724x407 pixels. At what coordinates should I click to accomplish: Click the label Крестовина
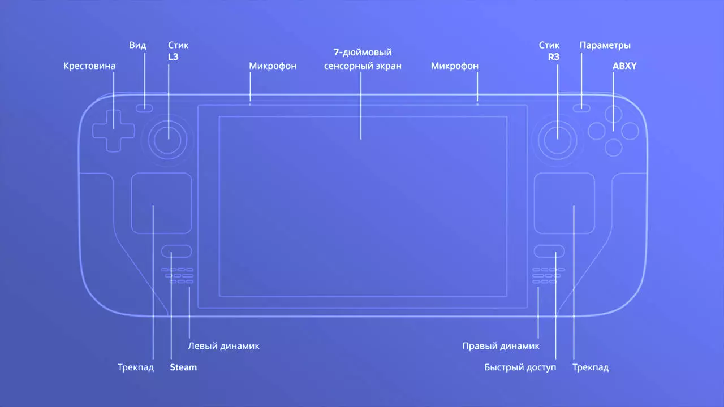(x=89, y=66)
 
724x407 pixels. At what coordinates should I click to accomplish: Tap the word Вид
(x=137, y=45)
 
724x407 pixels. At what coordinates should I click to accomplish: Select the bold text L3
(x=173, y=57)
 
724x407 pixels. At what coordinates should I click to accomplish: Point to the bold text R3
(x=554, y=57)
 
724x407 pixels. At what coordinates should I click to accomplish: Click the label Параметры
(x=605, y=45)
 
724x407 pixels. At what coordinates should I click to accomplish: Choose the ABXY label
(x=624, y=66)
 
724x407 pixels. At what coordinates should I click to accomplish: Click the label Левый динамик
(x=223, y=346)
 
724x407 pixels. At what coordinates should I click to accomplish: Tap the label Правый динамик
(x=501, y=346)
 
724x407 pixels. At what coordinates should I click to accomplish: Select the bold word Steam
(x=183, y=367)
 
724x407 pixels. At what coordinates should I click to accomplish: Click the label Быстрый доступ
(x=520, y=367)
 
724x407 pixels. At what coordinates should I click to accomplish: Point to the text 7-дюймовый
(x=363, y=52)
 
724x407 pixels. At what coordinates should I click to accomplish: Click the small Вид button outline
(x=144, y=105)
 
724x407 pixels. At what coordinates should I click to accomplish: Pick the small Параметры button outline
(x=581, y=105)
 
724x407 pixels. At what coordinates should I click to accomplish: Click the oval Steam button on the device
(x=176, y=245)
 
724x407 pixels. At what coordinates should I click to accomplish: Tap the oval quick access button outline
(x=549, y=245)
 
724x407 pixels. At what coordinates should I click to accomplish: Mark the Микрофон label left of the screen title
(x=273, y=66)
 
